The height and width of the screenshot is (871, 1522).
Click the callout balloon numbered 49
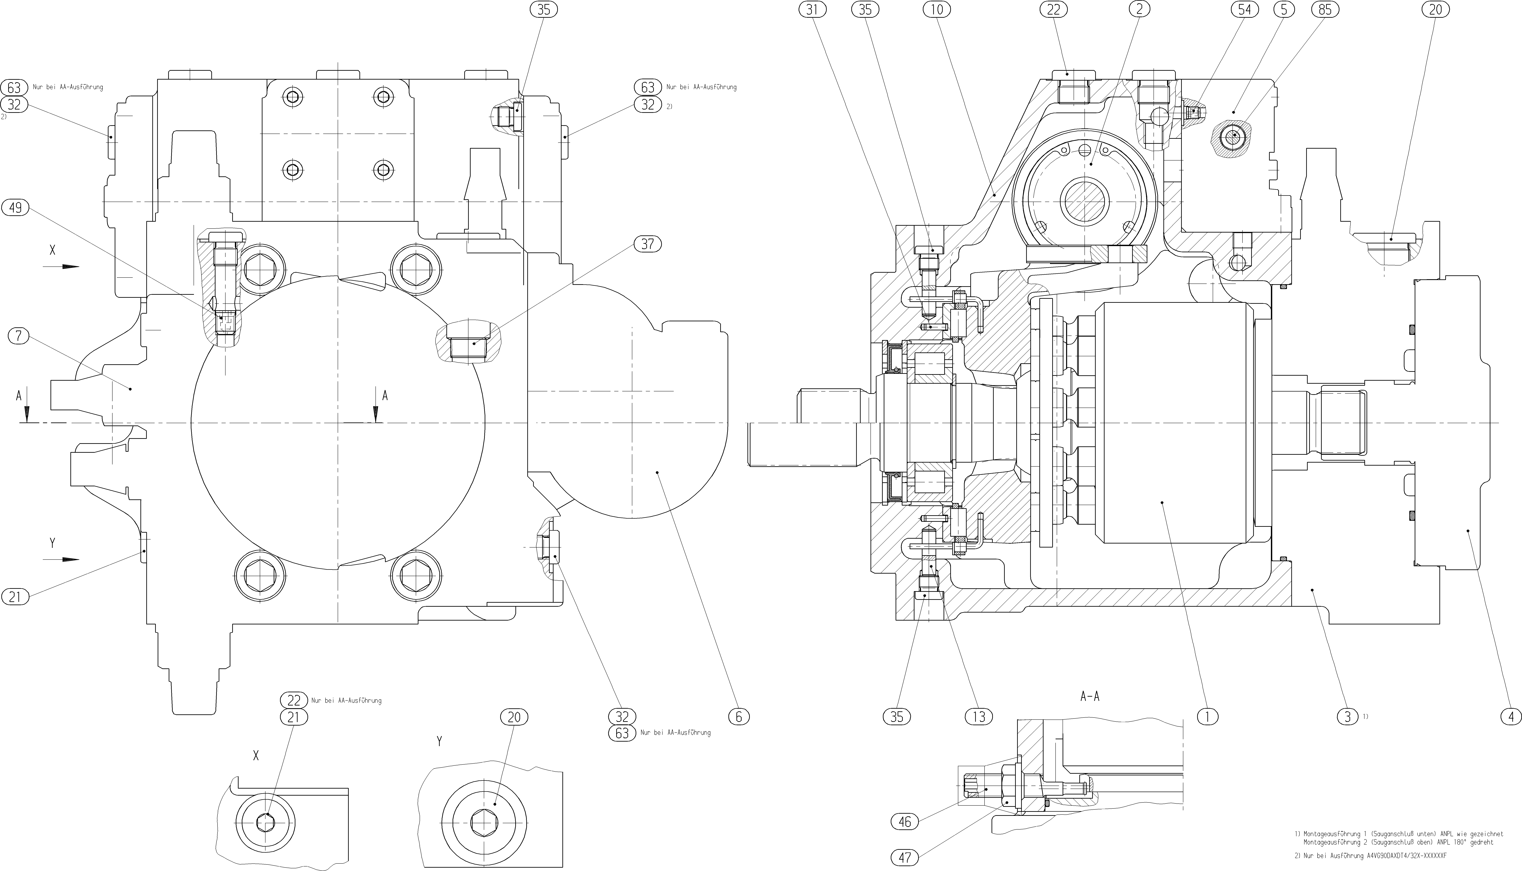tap(16, 208)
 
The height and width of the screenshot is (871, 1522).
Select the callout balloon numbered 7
tap(19, 336)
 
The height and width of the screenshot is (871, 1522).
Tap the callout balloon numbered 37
tap(647, 244)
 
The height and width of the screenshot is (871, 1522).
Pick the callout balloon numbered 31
tap(811, 10)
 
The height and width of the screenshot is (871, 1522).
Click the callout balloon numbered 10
tap(937, 10)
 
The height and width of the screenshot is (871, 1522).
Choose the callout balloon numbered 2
tap(1139, 10)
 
